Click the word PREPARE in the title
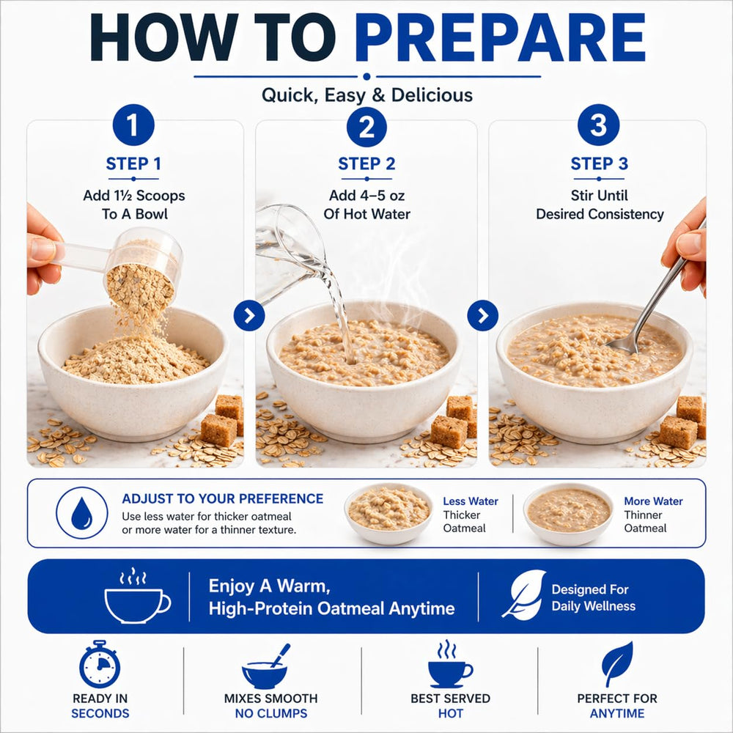pos(500,38)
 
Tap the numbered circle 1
pos(133,125)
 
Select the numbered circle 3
pos(598,125)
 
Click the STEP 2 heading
pos(366,163)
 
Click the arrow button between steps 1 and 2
pos(249,315)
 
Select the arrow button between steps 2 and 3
pos(483,315)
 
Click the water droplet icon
pos(82,513)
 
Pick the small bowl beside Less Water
pos(388,513)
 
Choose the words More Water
pos(653,501)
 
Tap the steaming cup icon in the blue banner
pos(137,595)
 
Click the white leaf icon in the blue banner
pos(523,594)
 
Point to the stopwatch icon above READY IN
pos(100,664)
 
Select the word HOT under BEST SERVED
pos(451,713)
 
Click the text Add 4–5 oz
pos(366,196)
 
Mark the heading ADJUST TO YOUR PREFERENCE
pos(223,498)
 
